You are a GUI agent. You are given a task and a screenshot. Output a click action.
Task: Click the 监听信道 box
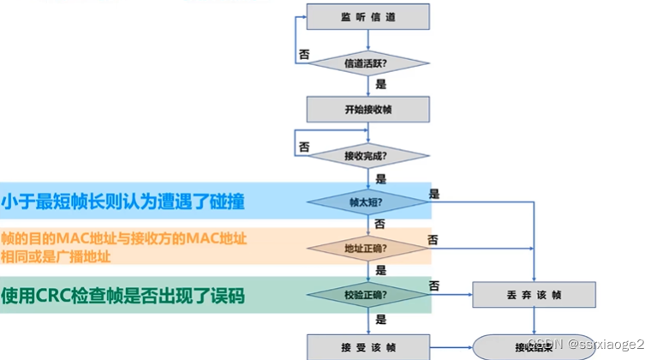point(368,17)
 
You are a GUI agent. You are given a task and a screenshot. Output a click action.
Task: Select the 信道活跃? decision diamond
point(368,63)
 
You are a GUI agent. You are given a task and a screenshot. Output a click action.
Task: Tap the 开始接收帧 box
point(368,109)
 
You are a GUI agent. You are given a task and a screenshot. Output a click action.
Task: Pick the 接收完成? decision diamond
point(368,155)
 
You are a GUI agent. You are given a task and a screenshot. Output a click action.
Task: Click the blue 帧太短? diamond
point(368,202)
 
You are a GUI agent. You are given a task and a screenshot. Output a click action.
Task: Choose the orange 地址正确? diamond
point(368,249)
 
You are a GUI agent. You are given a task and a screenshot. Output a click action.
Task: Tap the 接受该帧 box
point(368,345)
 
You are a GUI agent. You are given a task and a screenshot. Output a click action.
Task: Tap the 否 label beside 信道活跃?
point(303,53)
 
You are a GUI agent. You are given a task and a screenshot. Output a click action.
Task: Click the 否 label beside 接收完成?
point(303,147)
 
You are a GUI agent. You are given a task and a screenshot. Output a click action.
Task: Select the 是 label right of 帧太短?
point(434,194)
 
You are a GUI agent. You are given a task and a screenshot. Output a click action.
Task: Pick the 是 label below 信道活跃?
point(381,84)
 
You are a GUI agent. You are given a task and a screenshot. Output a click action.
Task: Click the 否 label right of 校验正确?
point(434,285)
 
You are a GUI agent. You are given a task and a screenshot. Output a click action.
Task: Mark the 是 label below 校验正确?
point(381,316)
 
